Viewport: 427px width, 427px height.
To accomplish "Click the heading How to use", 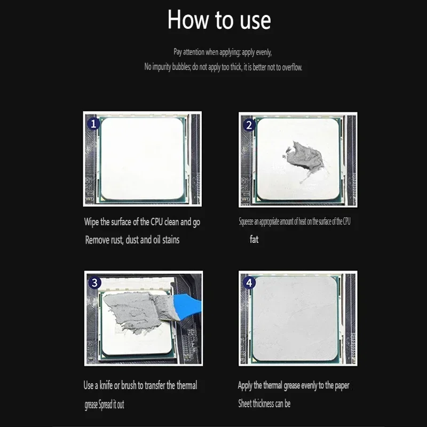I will click(x=219, y=20).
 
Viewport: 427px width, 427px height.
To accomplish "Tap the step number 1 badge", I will click(x=93, y=124).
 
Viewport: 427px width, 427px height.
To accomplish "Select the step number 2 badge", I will click(x=249, y=125).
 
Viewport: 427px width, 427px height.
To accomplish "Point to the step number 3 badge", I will click(x=94, y=283).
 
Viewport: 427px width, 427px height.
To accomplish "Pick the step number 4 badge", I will click(x=249, y=283).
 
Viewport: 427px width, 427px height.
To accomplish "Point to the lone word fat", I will click(x=254, y=239).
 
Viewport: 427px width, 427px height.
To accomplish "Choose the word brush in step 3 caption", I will click(x=133, y=385).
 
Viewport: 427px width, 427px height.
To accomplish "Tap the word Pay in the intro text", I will click(x=178, y=52).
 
